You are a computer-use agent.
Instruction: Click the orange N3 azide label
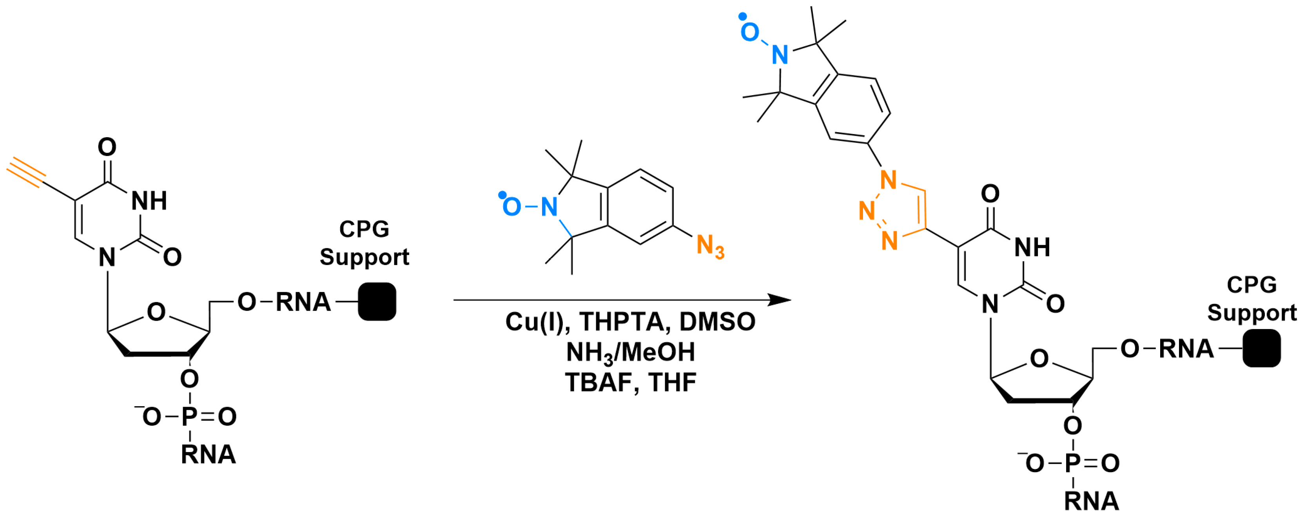(x=710, y=247)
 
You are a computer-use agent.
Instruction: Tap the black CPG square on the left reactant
(x=377, y=302)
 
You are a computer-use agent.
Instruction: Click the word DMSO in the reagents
(x=717, y=322)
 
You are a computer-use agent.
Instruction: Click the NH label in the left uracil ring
(x=149, y=201)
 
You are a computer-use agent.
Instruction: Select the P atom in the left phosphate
(x=189, y=417)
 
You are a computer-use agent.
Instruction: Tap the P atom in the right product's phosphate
(x=1073, y=463)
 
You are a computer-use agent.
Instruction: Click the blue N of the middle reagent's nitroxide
(x=549, y=207)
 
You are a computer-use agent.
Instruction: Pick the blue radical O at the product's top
(x=749, y=32)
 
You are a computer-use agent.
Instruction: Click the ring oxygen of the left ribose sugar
(x=156, y=312)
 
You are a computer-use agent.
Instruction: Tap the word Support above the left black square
(x=365, y=257)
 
